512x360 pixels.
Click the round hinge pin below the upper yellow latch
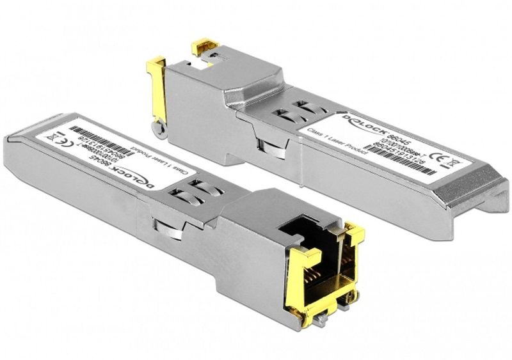click(161, 129)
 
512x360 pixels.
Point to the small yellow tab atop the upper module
click(206, 47)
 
